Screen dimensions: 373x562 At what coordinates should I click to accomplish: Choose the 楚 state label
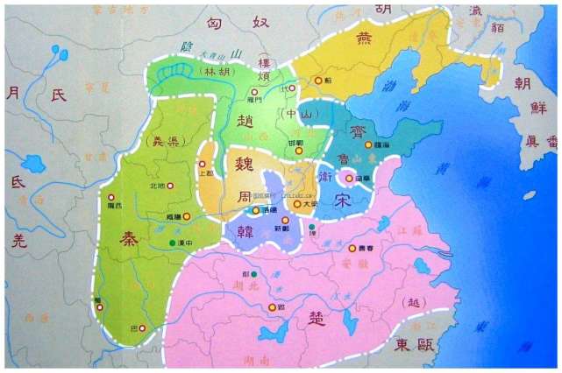318,317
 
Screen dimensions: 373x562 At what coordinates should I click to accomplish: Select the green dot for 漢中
172,242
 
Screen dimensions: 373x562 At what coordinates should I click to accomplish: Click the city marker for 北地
171,186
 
